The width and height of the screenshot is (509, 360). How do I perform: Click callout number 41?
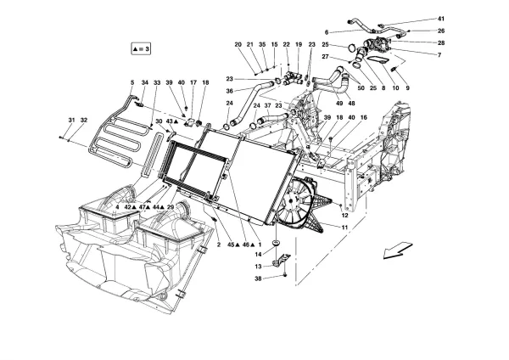[x=440, y=19]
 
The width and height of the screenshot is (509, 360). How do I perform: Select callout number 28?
[x=440, y=42]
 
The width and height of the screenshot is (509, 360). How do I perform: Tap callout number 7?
[x=440, y=55]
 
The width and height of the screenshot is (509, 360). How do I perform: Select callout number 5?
[x=132, y=82]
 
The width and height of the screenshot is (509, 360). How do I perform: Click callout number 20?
[x=238, y=43]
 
